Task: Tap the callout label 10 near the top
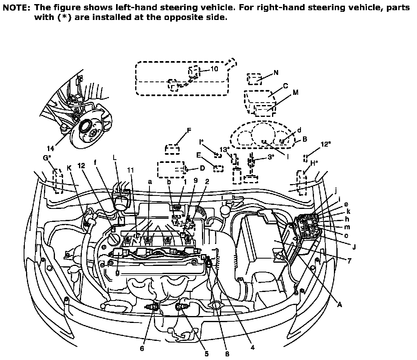click(x=214, y=69)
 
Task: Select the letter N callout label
click(x=276, y=72)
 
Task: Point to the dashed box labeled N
click(x=255, y=79)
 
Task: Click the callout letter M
click(x=296, y=92)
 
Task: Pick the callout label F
click(x=189, y=130)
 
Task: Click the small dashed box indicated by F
click(x=172, y=149)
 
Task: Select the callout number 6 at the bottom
click(x=142, y=348)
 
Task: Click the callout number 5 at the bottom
click(x=206, y=353)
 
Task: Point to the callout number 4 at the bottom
click(x=252, y=347)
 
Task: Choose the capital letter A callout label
click(x=339, y=305)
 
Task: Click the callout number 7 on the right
click(x=349, y=261)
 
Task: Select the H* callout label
click(x=314, y=163)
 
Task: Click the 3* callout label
click(x=271, y=157)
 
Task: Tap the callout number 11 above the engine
click(x=131, y=170)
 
